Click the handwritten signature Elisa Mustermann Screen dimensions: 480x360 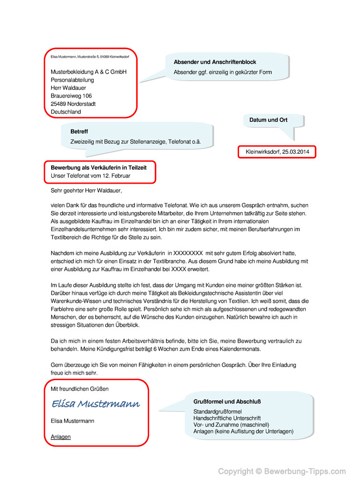(x=96, y=404)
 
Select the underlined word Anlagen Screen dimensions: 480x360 (x=60, y=437)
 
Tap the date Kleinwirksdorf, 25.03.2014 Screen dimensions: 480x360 (x=277, y=152)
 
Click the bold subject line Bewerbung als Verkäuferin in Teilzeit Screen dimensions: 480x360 (x=98, y=167)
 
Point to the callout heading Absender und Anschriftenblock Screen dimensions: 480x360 (x=215, y=62)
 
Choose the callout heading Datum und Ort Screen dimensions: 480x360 (x=268, y=120)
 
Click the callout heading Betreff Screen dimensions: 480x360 (x=79, y=132)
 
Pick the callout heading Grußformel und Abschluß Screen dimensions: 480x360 (x=227, y=402)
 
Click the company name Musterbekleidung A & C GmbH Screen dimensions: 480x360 (x=89, y=72)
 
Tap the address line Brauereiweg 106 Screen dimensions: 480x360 (x=71, y=96)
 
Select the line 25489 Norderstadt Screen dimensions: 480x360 (x=73, y=104)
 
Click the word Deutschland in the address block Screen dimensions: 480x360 (x=66, y=112)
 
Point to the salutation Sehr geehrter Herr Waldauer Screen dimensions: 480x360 (x=86, y=191)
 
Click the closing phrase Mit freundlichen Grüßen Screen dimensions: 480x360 (x=80, y=389)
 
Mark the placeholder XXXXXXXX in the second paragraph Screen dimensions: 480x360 (x=188, y=253)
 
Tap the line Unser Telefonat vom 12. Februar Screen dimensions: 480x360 (x=90, y=176)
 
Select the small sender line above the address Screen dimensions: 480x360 (x=90, y=57)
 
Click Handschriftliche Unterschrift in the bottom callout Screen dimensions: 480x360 (x=227, y=418)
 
